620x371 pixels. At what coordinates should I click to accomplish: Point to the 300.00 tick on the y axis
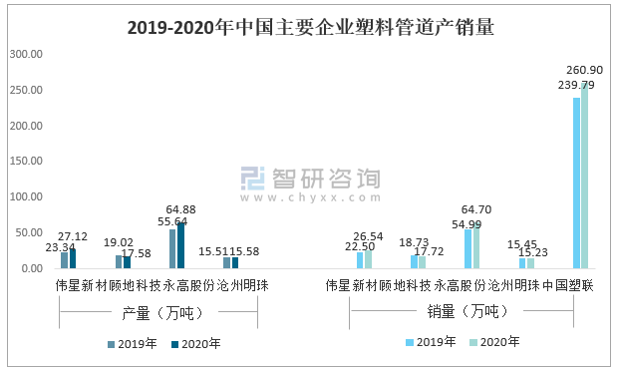26,54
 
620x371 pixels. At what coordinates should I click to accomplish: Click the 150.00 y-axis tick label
26,162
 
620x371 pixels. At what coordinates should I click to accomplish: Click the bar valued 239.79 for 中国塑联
576,184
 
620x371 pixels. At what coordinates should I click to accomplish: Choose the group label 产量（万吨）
158,313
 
